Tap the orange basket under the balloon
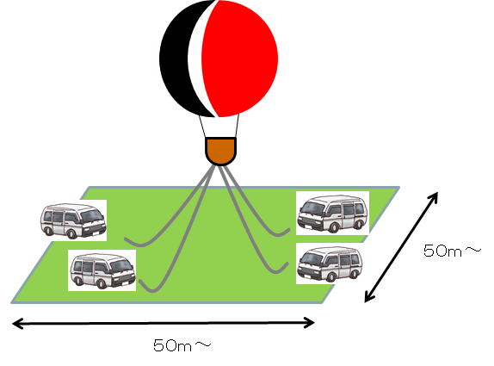[x=220, y=151]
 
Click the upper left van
[x=73, y=220]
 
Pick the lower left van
[x=102, y=271]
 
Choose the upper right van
[x=333, y=214]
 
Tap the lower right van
[x=330, y=264]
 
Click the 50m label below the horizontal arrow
[x=182, y=346]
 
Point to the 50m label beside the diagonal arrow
[x=453, y=251]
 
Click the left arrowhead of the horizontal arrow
[x=17, y=324]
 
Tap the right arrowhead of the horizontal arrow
[x=309, y=322]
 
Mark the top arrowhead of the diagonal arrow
[x=433, y=197]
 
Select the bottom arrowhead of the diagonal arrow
[x=369, y=296]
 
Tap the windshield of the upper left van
[x=91, y=216]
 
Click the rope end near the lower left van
[x=140, y=281]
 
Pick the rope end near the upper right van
[x=288, y=231]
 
